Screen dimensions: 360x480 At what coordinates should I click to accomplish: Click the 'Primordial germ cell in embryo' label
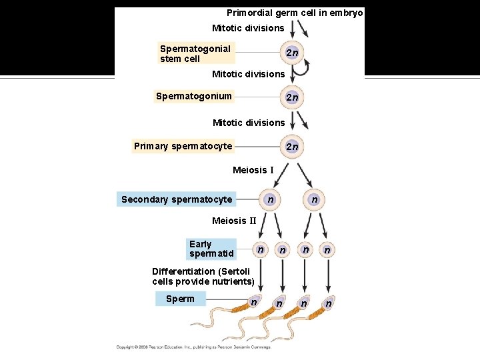295,13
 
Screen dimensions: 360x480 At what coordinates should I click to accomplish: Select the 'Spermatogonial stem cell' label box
195,53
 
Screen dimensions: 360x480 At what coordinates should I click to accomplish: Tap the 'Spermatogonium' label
193,96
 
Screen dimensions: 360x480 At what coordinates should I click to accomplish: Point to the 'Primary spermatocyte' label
183,146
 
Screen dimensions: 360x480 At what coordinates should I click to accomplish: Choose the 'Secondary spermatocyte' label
177,199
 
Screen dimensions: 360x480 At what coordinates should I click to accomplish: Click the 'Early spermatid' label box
211,249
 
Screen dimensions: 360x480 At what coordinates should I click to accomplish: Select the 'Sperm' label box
180,299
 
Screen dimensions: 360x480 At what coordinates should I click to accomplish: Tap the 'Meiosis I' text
253,170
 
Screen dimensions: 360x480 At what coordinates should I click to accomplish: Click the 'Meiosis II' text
234,221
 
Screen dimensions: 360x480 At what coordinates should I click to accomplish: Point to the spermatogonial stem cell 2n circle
291,53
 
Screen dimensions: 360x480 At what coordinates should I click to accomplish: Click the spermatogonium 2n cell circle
291,97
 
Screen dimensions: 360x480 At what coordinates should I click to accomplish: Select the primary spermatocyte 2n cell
291,147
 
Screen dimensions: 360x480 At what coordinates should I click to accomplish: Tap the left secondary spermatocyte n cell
269,199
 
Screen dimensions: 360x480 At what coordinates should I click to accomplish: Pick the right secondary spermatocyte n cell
314,199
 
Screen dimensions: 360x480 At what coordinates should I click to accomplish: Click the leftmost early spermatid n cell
260,249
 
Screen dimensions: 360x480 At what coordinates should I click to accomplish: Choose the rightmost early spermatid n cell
327,250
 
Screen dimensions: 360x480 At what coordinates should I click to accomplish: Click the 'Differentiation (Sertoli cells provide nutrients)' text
203,276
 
